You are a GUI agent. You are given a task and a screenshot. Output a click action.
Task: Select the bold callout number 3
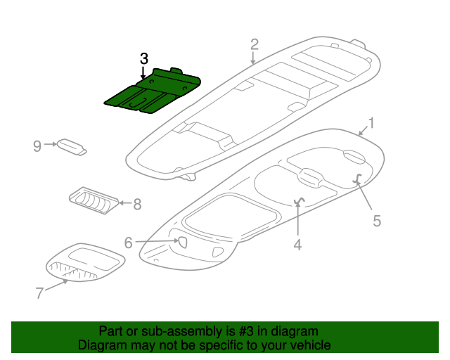pos(143,58)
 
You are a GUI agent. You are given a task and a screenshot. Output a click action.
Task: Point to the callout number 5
pos(377,221)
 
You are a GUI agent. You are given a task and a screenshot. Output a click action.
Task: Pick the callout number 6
pos(128,243)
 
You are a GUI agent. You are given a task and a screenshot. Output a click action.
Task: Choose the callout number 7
pos(40,292)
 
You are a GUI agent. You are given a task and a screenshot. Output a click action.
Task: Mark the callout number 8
pos(137,205)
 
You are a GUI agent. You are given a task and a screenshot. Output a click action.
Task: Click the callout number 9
pos(37,146)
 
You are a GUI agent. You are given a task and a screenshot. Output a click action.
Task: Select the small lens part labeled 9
pos(72,146)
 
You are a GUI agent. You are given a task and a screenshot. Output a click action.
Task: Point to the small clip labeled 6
pos(179,243)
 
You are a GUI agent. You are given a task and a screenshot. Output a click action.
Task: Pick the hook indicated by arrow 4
pos(299,202)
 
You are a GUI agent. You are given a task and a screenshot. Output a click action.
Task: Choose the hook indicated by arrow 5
pos(357,179)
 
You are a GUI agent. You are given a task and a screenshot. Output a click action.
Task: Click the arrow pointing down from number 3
pos(143,72)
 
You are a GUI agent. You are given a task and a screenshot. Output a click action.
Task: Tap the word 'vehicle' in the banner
pos(308,345)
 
